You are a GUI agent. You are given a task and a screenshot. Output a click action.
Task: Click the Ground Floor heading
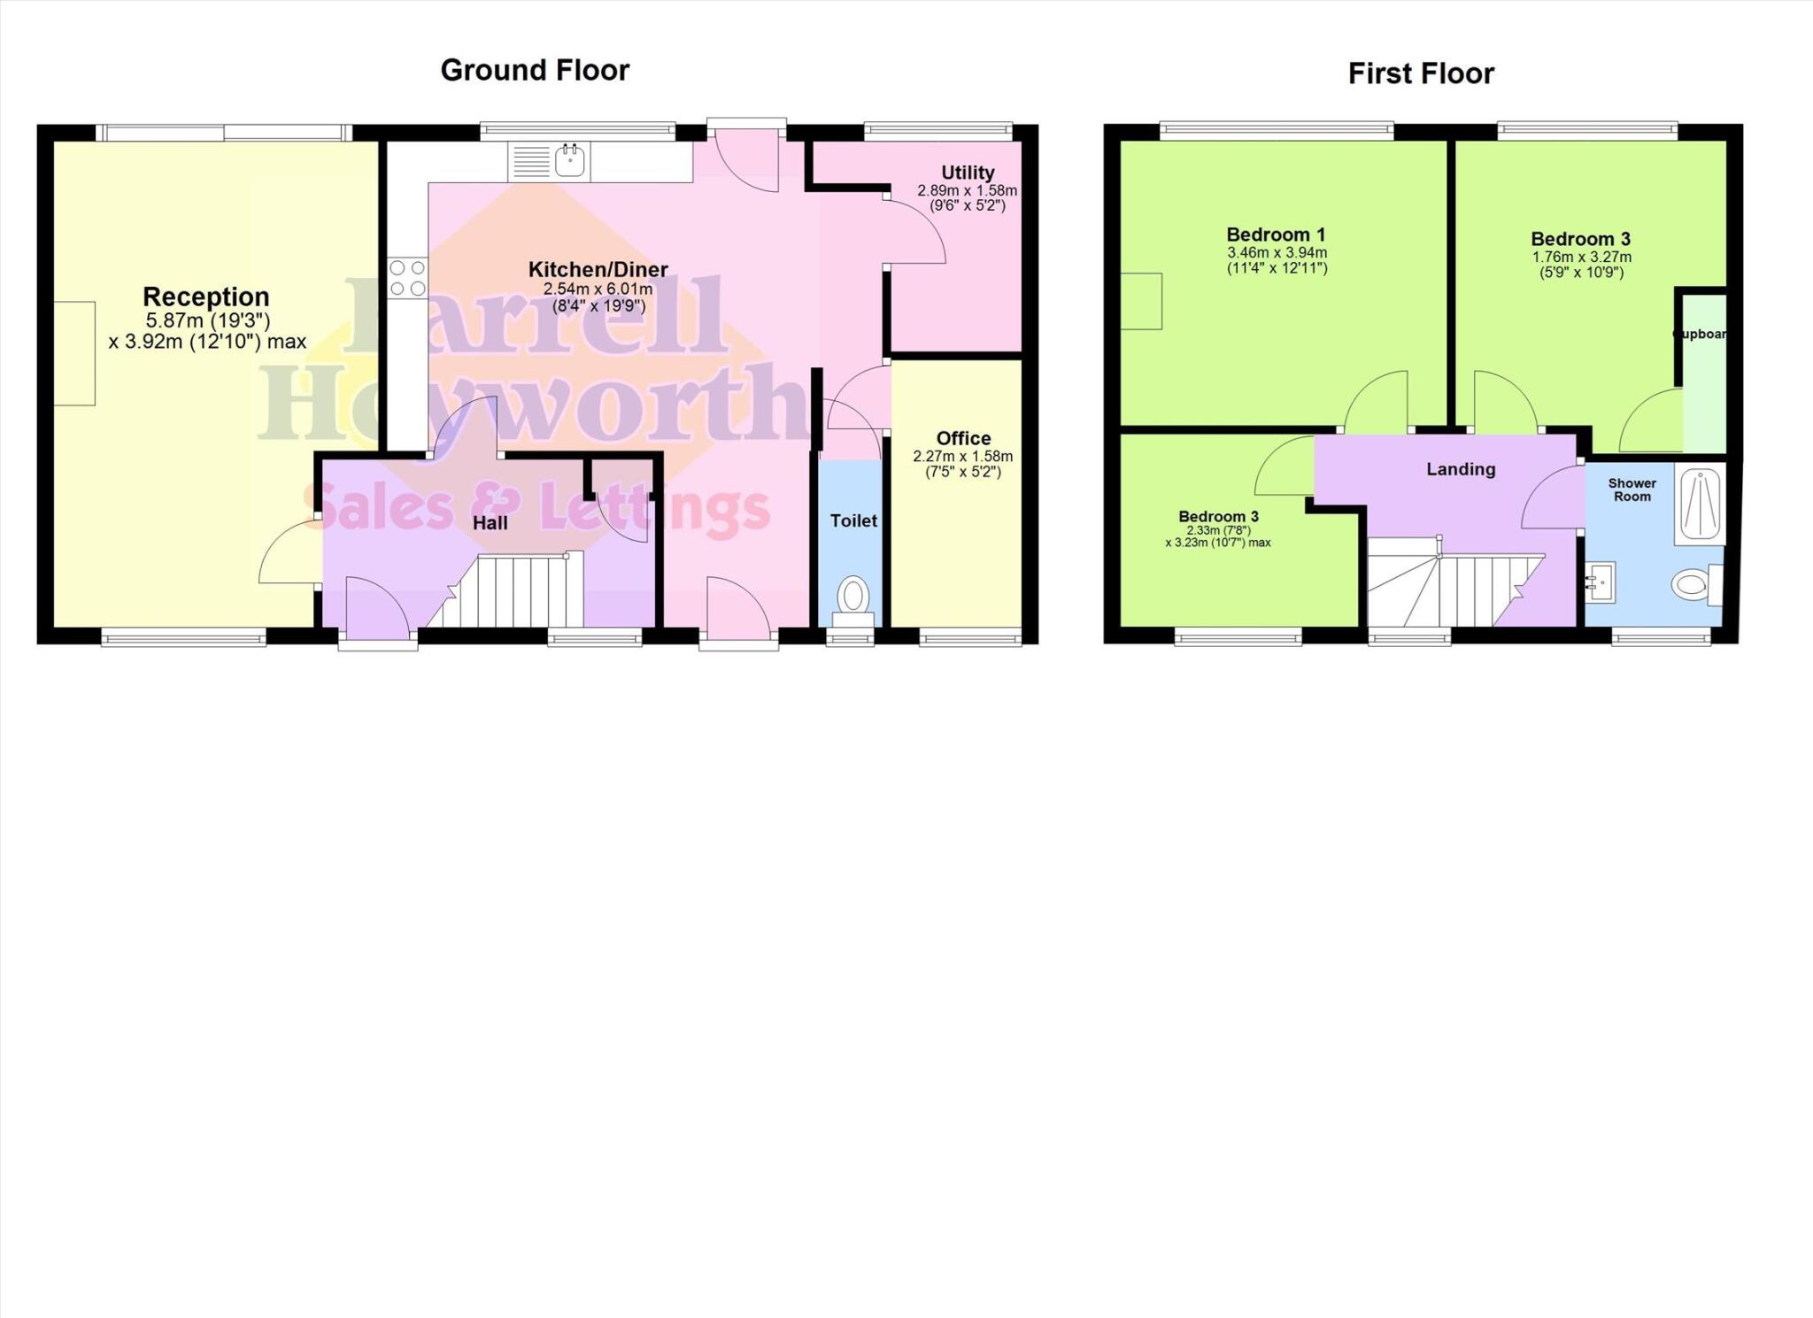click(535, 70)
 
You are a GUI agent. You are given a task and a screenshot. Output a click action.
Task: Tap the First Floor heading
click(1421, 73)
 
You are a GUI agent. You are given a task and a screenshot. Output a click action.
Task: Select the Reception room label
click(206, 297)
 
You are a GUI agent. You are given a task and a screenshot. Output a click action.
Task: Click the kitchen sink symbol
click(568, 161)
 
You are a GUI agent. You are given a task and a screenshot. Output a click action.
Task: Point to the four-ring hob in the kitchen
click(407, 277)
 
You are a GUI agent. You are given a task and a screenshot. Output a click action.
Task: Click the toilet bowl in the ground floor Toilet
click(853, 594)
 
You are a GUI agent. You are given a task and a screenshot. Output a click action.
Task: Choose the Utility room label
click(968, 173)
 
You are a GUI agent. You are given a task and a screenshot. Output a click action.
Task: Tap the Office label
click(963, 438)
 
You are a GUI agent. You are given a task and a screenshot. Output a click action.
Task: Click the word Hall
click(490, 523)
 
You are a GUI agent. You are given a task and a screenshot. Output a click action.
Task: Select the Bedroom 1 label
click(1276, 235)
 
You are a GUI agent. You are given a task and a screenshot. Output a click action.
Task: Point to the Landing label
click(1461, 469)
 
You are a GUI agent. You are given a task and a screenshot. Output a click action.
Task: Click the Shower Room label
click(1632, 489)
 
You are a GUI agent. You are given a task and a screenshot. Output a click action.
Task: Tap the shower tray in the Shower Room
click(1700, 506)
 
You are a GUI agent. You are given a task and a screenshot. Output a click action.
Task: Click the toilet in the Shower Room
click(1693, 584)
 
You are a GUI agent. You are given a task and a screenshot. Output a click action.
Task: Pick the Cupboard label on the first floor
click(1700, 335)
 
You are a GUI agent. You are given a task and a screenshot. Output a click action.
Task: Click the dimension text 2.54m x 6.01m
click(598, 289)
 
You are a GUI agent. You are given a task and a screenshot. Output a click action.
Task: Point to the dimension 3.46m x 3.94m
click(1277, 253)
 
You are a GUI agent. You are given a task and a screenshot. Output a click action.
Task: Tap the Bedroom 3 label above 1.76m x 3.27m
click(1580, 239)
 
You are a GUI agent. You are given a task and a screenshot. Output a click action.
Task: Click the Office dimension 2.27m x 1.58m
click(963, 457)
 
